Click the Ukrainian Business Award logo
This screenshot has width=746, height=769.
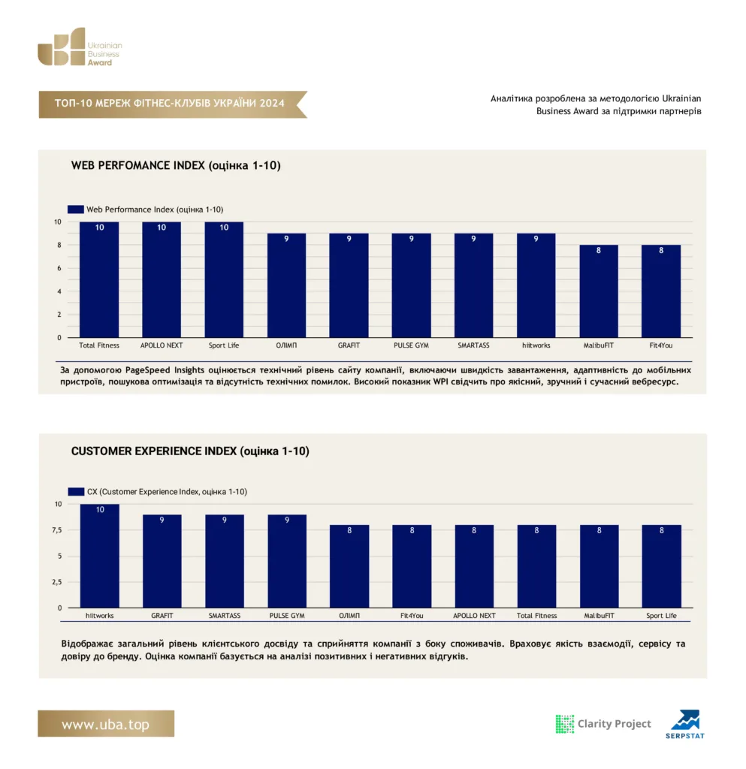[80, 47]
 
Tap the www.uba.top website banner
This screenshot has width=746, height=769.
[106, 723]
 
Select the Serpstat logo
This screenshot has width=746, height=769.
[685, 724]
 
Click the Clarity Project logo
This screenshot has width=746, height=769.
[603, 724]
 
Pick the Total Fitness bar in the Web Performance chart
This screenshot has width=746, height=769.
[99, 279]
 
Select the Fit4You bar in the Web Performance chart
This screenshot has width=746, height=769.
[660, 291]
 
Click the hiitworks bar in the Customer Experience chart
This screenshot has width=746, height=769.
[100, 556]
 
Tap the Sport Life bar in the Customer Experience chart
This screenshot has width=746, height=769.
[661, 566]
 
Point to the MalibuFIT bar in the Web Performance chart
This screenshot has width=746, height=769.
[598, 291]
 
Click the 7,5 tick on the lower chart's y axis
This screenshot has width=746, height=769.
[57, 530]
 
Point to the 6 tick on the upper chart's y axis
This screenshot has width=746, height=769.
[59, 268]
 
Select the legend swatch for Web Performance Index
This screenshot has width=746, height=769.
[76, 210]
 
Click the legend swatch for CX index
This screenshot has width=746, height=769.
[76, 491]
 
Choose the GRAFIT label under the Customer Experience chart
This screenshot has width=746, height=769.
[162, 616]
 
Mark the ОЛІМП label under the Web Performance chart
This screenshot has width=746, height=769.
[286, 345]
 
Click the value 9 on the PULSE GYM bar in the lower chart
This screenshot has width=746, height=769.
[287, 520]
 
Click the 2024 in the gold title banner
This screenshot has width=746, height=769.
[272, 103]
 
